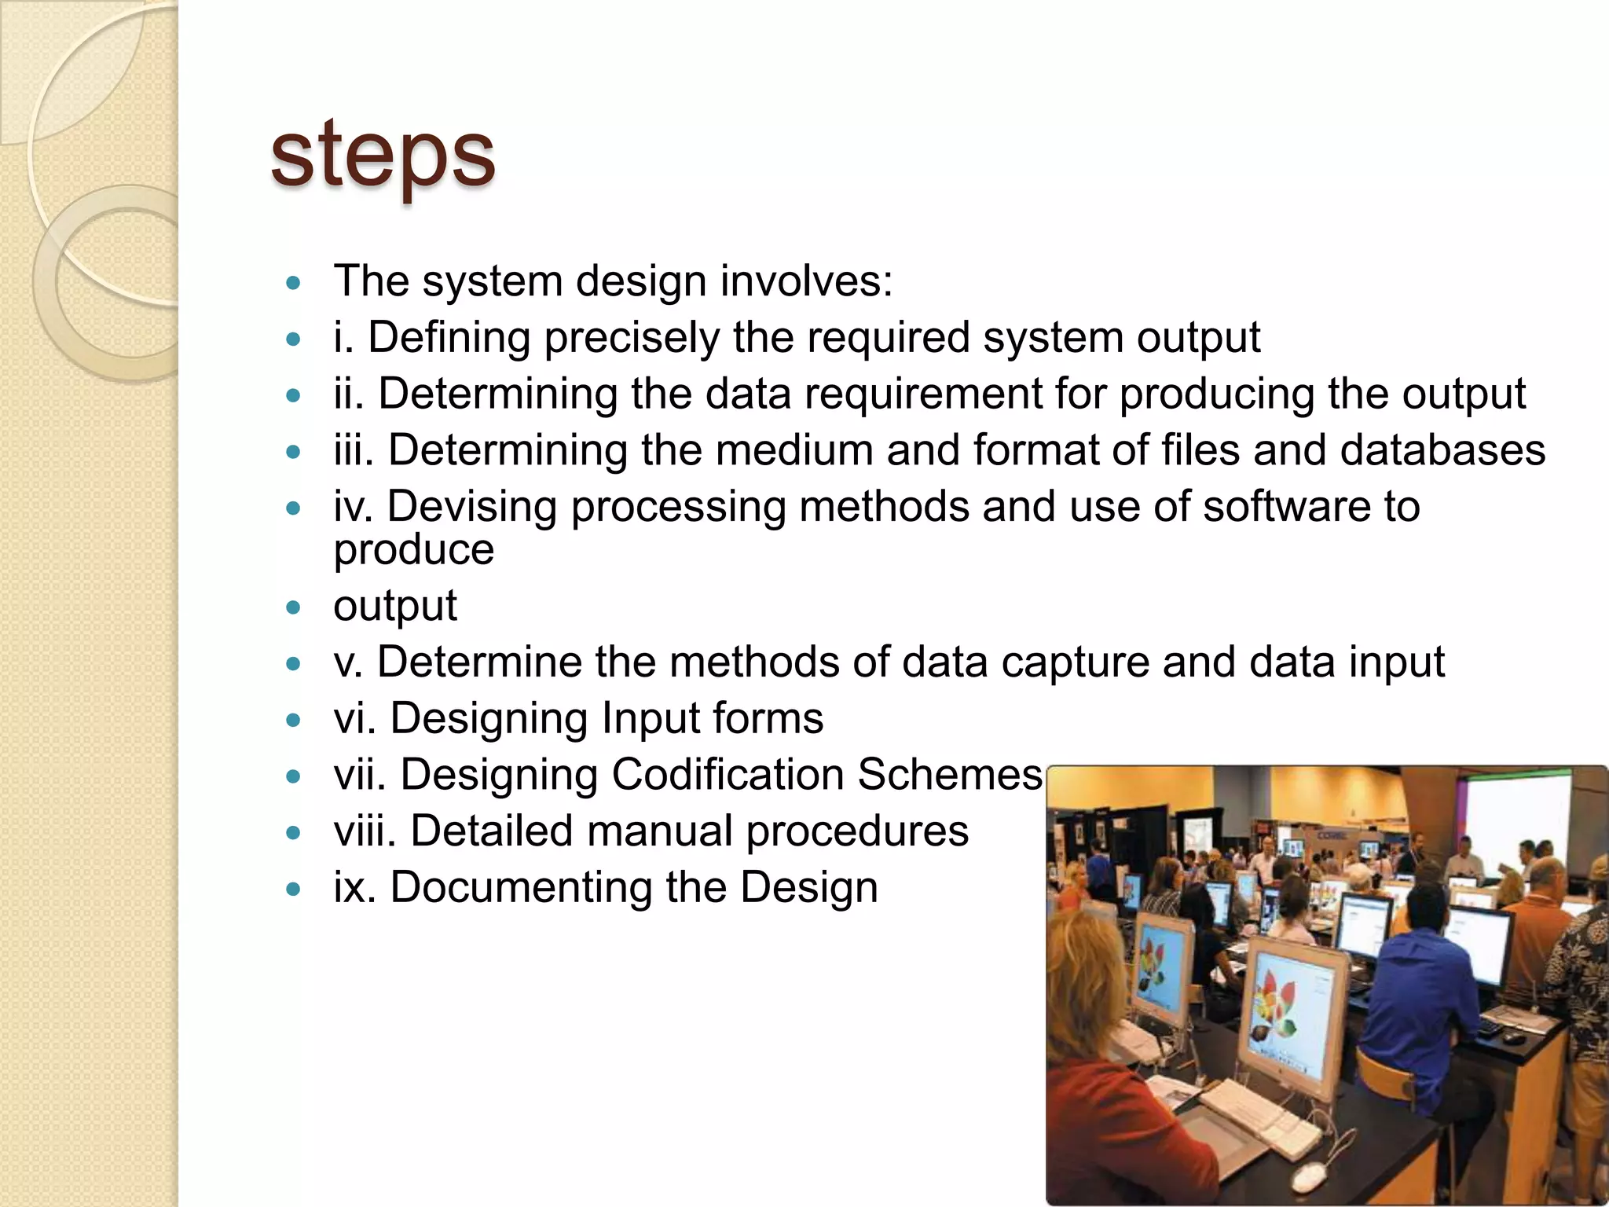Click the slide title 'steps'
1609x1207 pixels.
click(x=383, y=155)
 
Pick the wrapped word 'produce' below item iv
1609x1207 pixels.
click(x=414, y=549)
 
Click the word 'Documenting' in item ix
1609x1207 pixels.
click(x=521, y=888)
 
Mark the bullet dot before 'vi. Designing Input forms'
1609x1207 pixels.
click(x=294, y=720)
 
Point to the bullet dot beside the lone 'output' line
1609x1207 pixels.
click(x=294, y=607)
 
